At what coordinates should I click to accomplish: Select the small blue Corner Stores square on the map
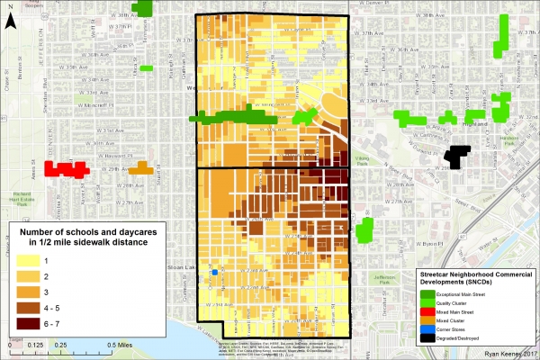(215, 272)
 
